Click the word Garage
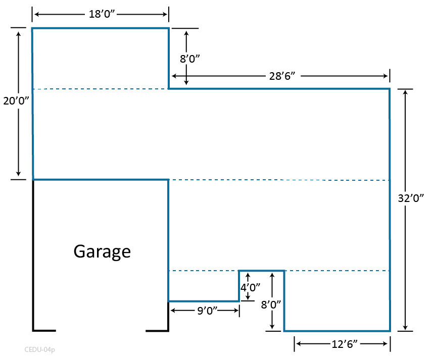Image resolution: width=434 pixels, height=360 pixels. coord(102,251)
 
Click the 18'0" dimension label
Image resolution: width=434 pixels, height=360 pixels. coord(103,14)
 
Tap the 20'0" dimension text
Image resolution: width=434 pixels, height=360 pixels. coord(14,100)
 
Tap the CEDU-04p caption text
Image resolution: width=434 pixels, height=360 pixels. coord(39,349)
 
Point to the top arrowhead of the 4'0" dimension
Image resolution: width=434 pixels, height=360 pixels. coord(248,276)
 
